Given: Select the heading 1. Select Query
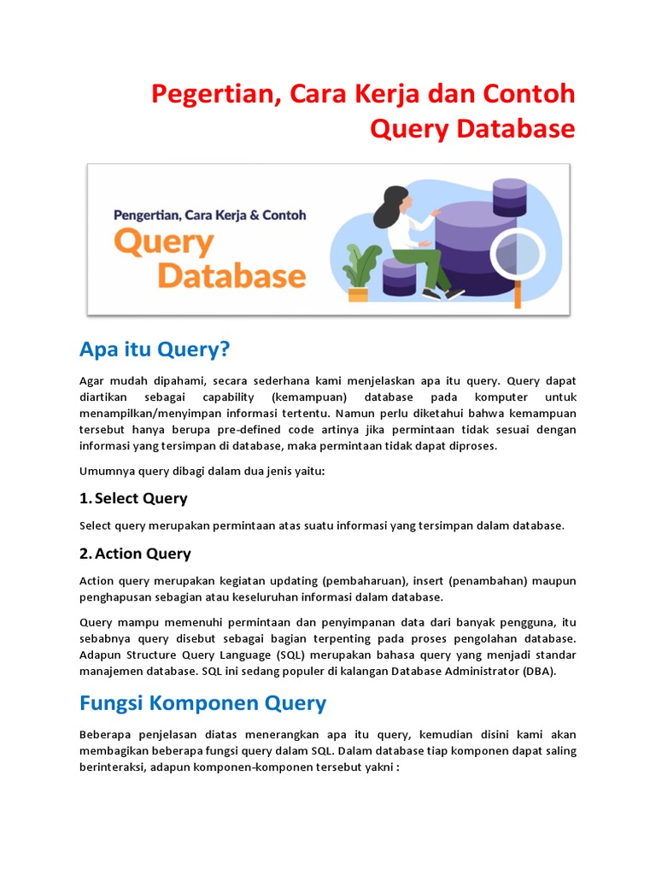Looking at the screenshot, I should (x=133, y=498).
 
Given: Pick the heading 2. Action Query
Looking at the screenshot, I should (x=135, y=554).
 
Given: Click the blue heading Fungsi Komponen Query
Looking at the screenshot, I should (x=202, y=703).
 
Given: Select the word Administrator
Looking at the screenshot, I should (x=475, y=671).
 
